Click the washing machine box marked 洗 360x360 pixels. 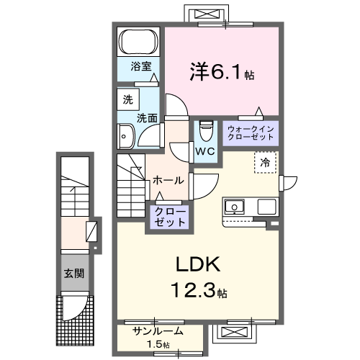tap(127, 100)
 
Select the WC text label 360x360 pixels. tap(204, 151)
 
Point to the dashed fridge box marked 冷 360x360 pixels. tap(265, 163)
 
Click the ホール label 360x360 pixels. tap(168, 180)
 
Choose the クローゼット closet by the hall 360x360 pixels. tap(169, 217)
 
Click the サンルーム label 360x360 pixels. tap(158, 332)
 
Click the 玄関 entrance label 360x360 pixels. tap(73, 274)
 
